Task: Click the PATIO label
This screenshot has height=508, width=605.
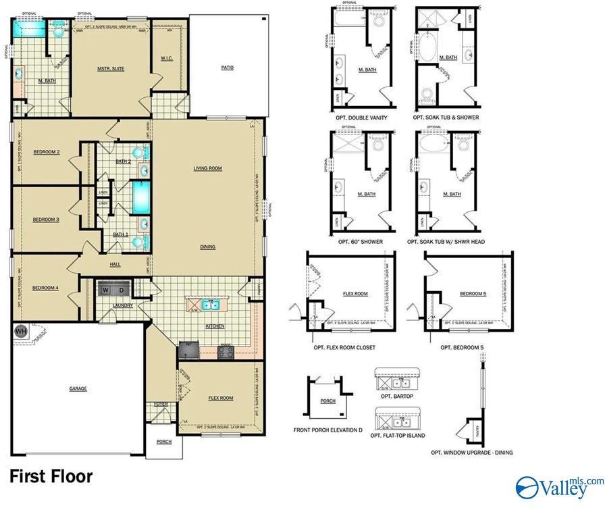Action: click(x=228, y=68)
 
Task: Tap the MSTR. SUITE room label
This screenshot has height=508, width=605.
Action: click(x=111, y=68)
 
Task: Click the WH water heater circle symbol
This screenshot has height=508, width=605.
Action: click(x=20, y=331)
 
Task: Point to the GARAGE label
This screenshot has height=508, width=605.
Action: click(x=78, y=388)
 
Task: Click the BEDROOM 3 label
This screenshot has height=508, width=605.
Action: click(x=47, y=220)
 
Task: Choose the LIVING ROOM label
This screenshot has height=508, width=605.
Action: click(x=207, y=168)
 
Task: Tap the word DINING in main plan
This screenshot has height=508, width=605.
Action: click(x=207, y=247)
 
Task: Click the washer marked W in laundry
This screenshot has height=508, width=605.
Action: click(x=106, y=290)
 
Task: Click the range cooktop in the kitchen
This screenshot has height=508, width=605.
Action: click(x=225, y=351)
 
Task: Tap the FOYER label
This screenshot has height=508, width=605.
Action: click(x=161, y=404)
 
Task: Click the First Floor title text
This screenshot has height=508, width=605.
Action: click(x=51, y=476)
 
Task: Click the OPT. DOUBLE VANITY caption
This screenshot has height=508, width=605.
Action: click(x=363, y=118)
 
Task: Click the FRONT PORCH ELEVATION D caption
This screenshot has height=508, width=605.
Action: click(x=327, y=430)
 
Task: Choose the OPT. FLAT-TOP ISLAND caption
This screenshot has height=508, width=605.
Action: click(x=398, y=436)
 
